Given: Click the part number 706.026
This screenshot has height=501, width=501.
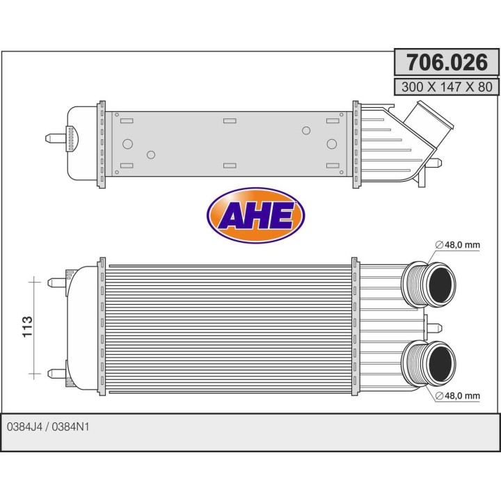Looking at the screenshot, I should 447,63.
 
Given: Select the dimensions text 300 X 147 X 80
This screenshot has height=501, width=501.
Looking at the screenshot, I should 447,87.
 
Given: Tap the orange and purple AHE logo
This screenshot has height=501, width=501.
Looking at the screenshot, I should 255,216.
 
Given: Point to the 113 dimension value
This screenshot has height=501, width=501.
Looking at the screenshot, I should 29,326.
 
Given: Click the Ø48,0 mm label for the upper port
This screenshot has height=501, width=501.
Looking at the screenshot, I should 457,245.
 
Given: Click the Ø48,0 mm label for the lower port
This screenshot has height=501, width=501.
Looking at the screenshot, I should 457,396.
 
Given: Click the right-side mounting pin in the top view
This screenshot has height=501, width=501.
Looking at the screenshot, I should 434,164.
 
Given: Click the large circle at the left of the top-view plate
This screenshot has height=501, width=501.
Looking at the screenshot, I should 127,144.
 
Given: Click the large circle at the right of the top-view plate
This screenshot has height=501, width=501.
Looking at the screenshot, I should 332,144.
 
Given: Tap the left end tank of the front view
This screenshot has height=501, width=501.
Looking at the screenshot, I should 82,326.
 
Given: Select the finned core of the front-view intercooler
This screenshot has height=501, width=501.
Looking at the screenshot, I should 230,326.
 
